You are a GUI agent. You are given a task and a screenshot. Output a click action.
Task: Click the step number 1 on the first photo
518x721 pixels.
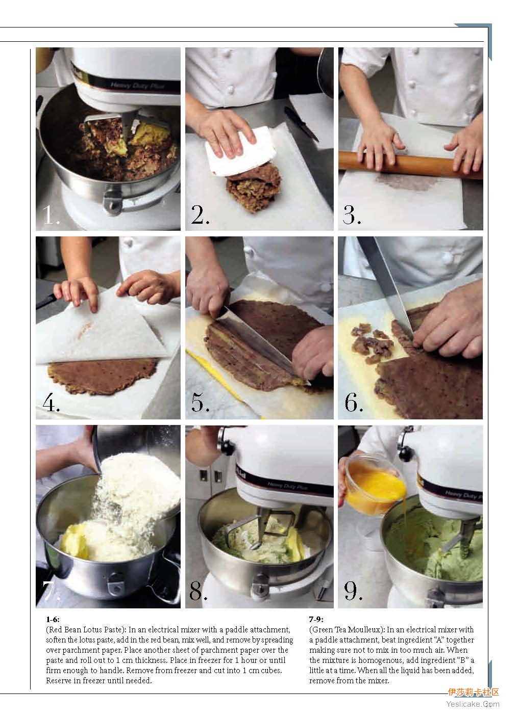51,215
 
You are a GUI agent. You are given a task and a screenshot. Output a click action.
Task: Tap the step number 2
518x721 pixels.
200,215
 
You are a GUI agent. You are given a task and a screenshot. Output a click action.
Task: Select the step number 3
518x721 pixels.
352,215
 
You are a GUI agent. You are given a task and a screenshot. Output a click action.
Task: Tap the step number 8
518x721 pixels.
198,591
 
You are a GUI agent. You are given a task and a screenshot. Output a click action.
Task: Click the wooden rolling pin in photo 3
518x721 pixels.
410,165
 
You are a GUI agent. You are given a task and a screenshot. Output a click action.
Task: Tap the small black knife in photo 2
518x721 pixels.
301,124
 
